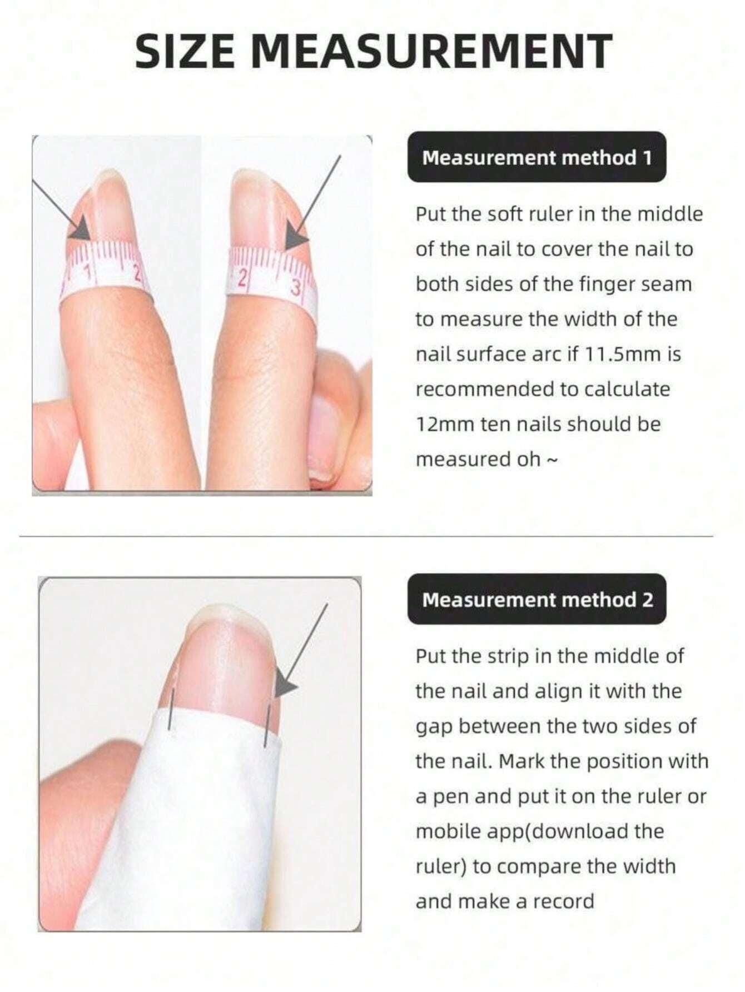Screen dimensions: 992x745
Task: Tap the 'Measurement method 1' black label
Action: point(537,158)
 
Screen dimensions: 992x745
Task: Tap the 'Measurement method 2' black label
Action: point(537,600)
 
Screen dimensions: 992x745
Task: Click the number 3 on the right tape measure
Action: point(296,288)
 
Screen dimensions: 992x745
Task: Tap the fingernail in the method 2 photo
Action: point(222,661)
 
